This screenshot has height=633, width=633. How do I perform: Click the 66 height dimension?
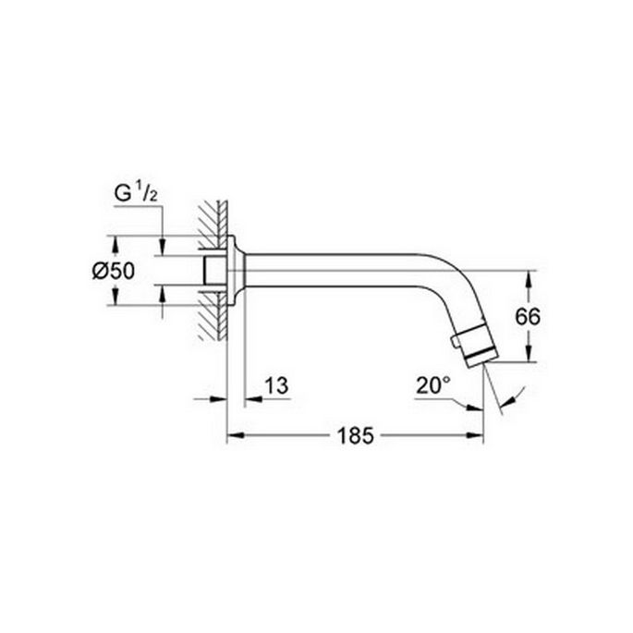click(527, 316)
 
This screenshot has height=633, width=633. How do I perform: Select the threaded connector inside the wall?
click(214, 270)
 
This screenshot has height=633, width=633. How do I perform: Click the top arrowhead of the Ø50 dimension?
click(116, 241)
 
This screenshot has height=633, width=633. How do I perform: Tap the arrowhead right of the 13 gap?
click(250, 398)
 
